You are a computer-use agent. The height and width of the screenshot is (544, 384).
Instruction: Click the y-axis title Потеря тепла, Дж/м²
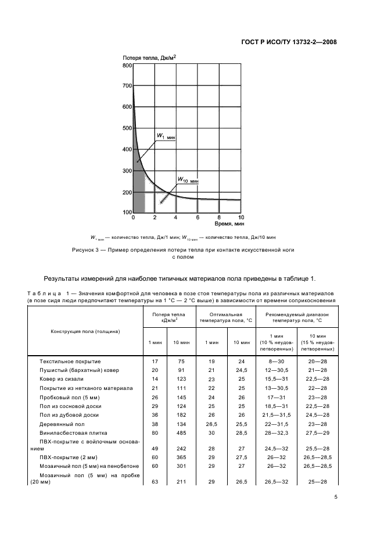tap(149, 58)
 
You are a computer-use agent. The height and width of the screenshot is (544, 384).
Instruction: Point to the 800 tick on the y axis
tap(127, 66)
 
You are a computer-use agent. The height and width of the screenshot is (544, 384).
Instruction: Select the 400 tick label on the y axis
tap(127, 149)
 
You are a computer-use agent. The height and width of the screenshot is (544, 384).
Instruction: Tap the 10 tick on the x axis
tap(241, 217)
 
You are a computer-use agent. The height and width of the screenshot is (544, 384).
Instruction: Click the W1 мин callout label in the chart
tap(165, 137)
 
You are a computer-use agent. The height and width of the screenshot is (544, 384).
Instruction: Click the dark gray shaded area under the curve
tap(138, 192)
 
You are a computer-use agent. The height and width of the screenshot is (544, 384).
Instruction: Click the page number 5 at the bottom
tap(336, 496)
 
